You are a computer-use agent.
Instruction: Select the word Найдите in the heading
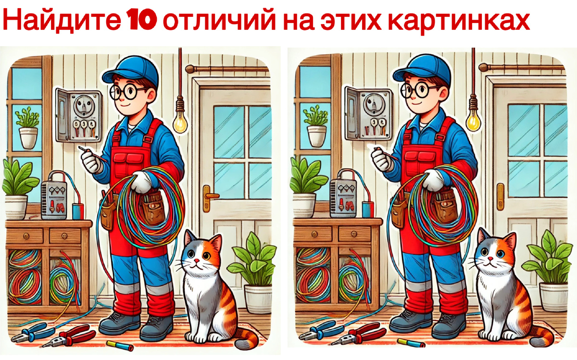[x=62, y=21]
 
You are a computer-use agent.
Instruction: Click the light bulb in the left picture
[x=179, y=123]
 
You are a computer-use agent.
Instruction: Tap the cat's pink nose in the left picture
[x=197, y=261]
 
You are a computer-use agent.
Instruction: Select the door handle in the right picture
[x=500, y=197]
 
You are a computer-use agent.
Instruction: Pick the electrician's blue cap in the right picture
[x=422, y=68]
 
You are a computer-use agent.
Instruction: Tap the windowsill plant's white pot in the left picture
[x=28, y=138]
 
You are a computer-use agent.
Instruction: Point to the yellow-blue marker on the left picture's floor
[x=120, y=345]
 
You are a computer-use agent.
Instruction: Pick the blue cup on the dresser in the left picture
[x=78, y=211]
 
